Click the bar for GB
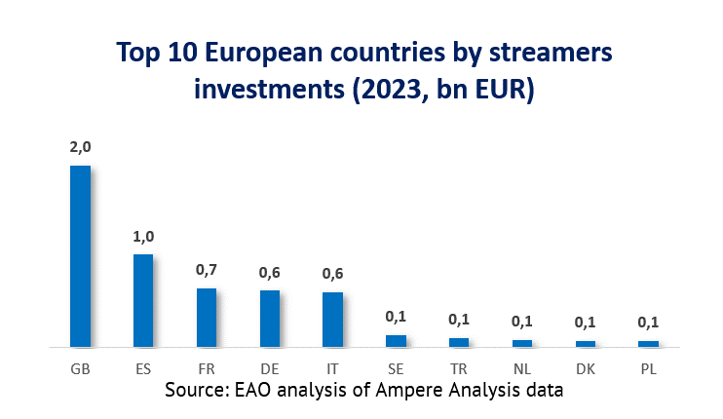[80, 255]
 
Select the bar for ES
[143, 300]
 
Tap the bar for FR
[207, 317]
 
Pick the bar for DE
[270, 318]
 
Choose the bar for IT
[332, 319]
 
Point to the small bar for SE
[396, 340]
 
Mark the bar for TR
[459, 342]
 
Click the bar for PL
[648, 343]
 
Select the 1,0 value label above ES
[143, 236]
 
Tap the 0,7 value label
[207, 269]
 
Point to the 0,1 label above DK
[585, 321]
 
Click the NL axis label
[522, 369]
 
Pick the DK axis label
[585, 369]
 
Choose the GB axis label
[80, 369]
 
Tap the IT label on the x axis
[332, 369]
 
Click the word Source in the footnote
[196, 390]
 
